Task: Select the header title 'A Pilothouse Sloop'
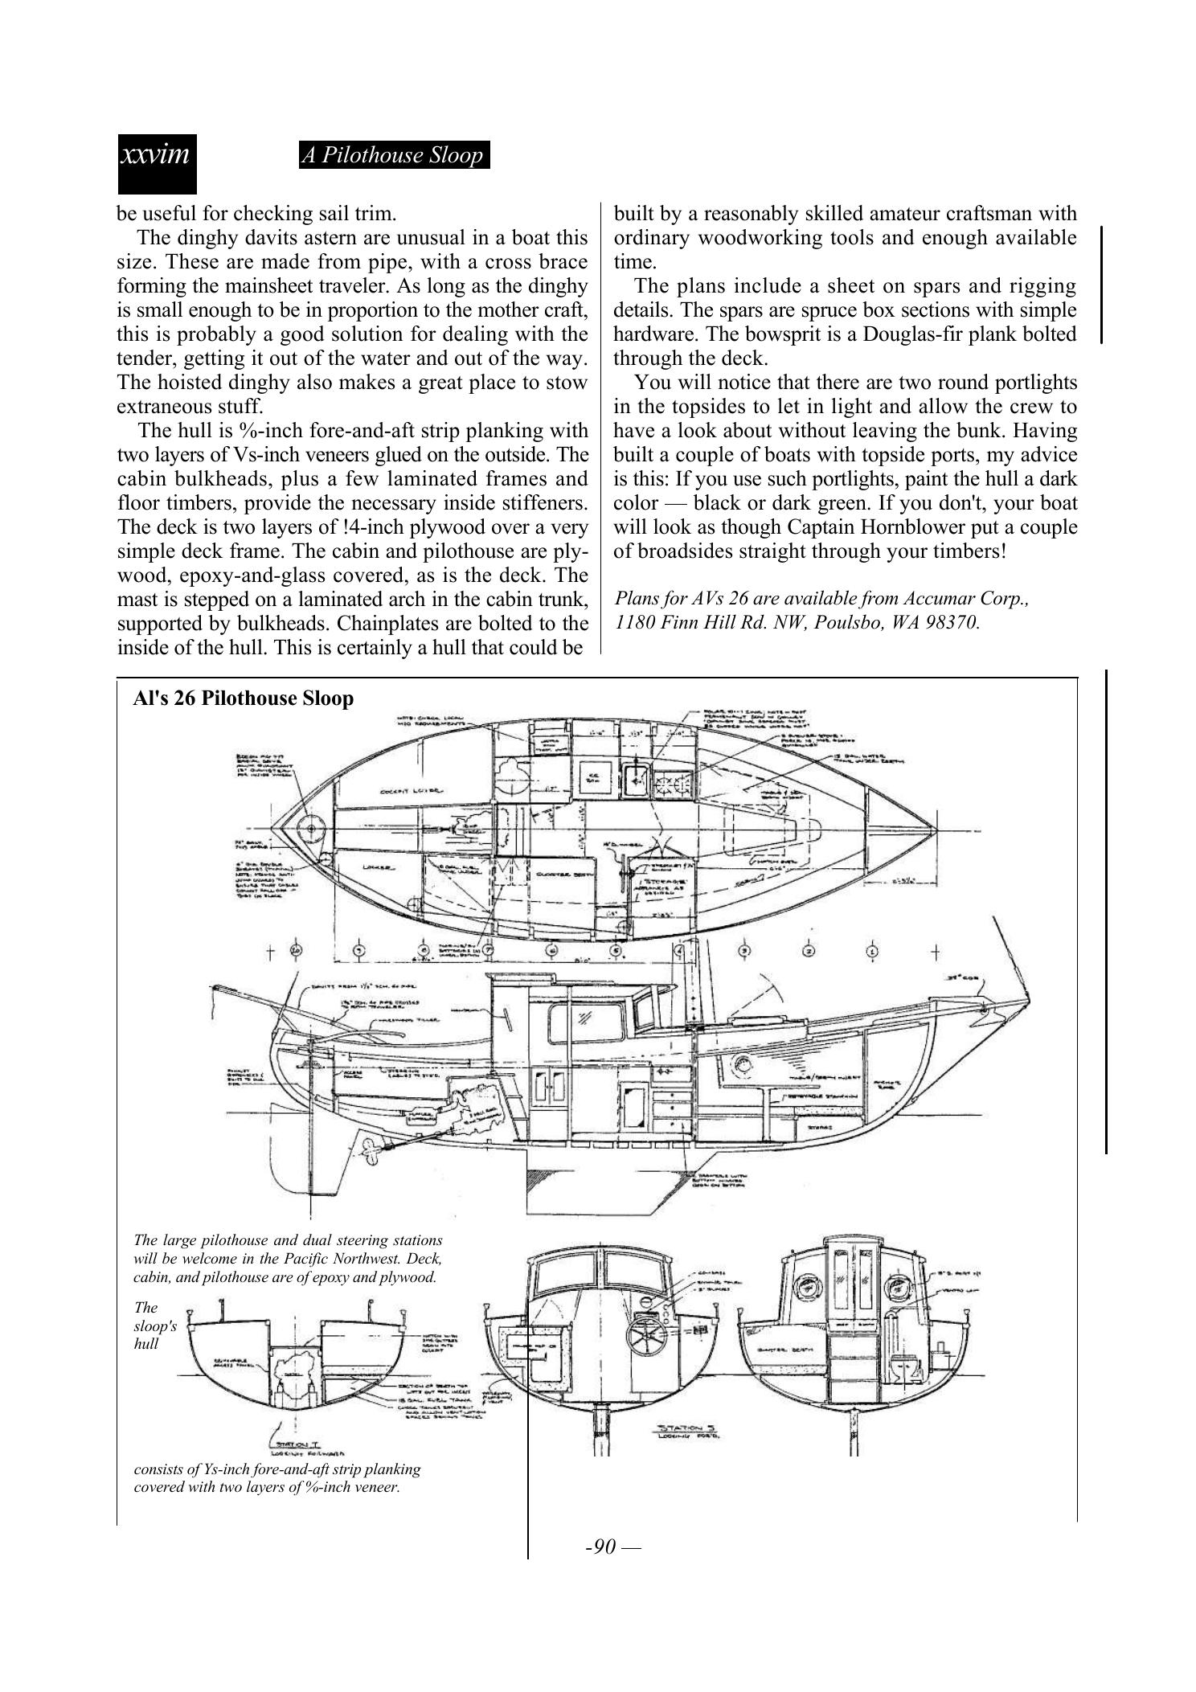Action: [394, 155]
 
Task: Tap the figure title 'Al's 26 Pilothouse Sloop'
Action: [243, 698]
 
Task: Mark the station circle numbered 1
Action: [872, 951]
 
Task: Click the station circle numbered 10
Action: [297, 950]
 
